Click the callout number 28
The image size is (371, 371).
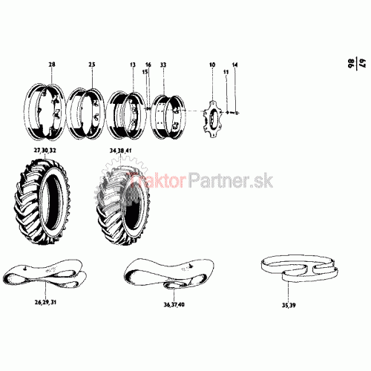pyautogui.click(x=52, y=65)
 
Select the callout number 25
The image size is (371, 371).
pyautogui.click(x=92, y=65)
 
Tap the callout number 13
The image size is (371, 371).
pyautogui.click(x=133, y=65)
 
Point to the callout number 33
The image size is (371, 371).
pyautogui.click(x=163, y=65)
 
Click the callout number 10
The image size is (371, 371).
pyautogui.click(x=212, y=65)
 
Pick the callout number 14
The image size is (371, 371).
pyautogui.click(x=234, y=65)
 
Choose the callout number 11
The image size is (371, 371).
pyautogui.click(x=226, y=72)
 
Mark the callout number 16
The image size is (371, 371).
pyautogui.click(x=148, y=65)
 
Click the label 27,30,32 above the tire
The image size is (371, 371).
pyautogui.click(x=45, y=151)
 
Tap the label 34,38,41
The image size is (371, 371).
pyautogui.click(x=121, y=151)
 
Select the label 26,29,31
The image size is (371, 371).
pyautogui.click(x=45, y=302)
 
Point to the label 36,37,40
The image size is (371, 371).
pyautogui.click(x=174, y=304)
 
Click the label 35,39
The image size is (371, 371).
pyautogui.click(x=289, y=305)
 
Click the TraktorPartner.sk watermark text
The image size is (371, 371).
pyautogui.click(x=201, y=181)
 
